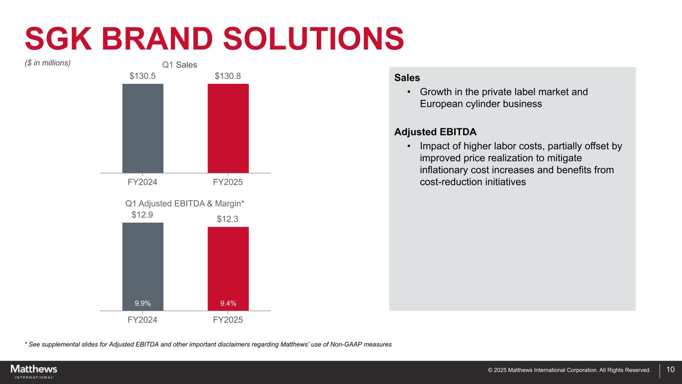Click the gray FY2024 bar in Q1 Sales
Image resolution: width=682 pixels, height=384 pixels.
point(142,128)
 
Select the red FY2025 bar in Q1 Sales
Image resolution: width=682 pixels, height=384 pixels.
point(228,128)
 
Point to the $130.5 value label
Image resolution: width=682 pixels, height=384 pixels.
point(142,76)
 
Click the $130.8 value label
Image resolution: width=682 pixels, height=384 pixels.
point(228,76)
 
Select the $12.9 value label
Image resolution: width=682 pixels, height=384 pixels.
point(142,215)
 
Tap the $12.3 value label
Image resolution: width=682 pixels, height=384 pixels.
point(228,219)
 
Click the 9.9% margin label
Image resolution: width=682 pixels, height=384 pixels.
point(142,303)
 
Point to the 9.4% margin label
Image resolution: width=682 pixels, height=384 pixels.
point(228,303)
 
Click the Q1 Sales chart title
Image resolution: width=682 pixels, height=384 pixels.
point(179,65)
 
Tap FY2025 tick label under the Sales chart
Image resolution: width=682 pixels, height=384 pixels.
point(228,182)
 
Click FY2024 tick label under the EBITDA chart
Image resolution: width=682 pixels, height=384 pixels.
point(142,320)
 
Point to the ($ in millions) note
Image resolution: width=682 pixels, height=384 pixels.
point(48,63)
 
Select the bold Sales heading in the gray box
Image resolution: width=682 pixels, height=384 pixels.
point(407,78)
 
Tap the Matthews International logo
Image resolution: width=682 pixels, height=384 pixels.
point(34,371)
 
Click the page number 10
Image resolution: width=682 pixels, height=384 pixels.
point(671,370)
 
